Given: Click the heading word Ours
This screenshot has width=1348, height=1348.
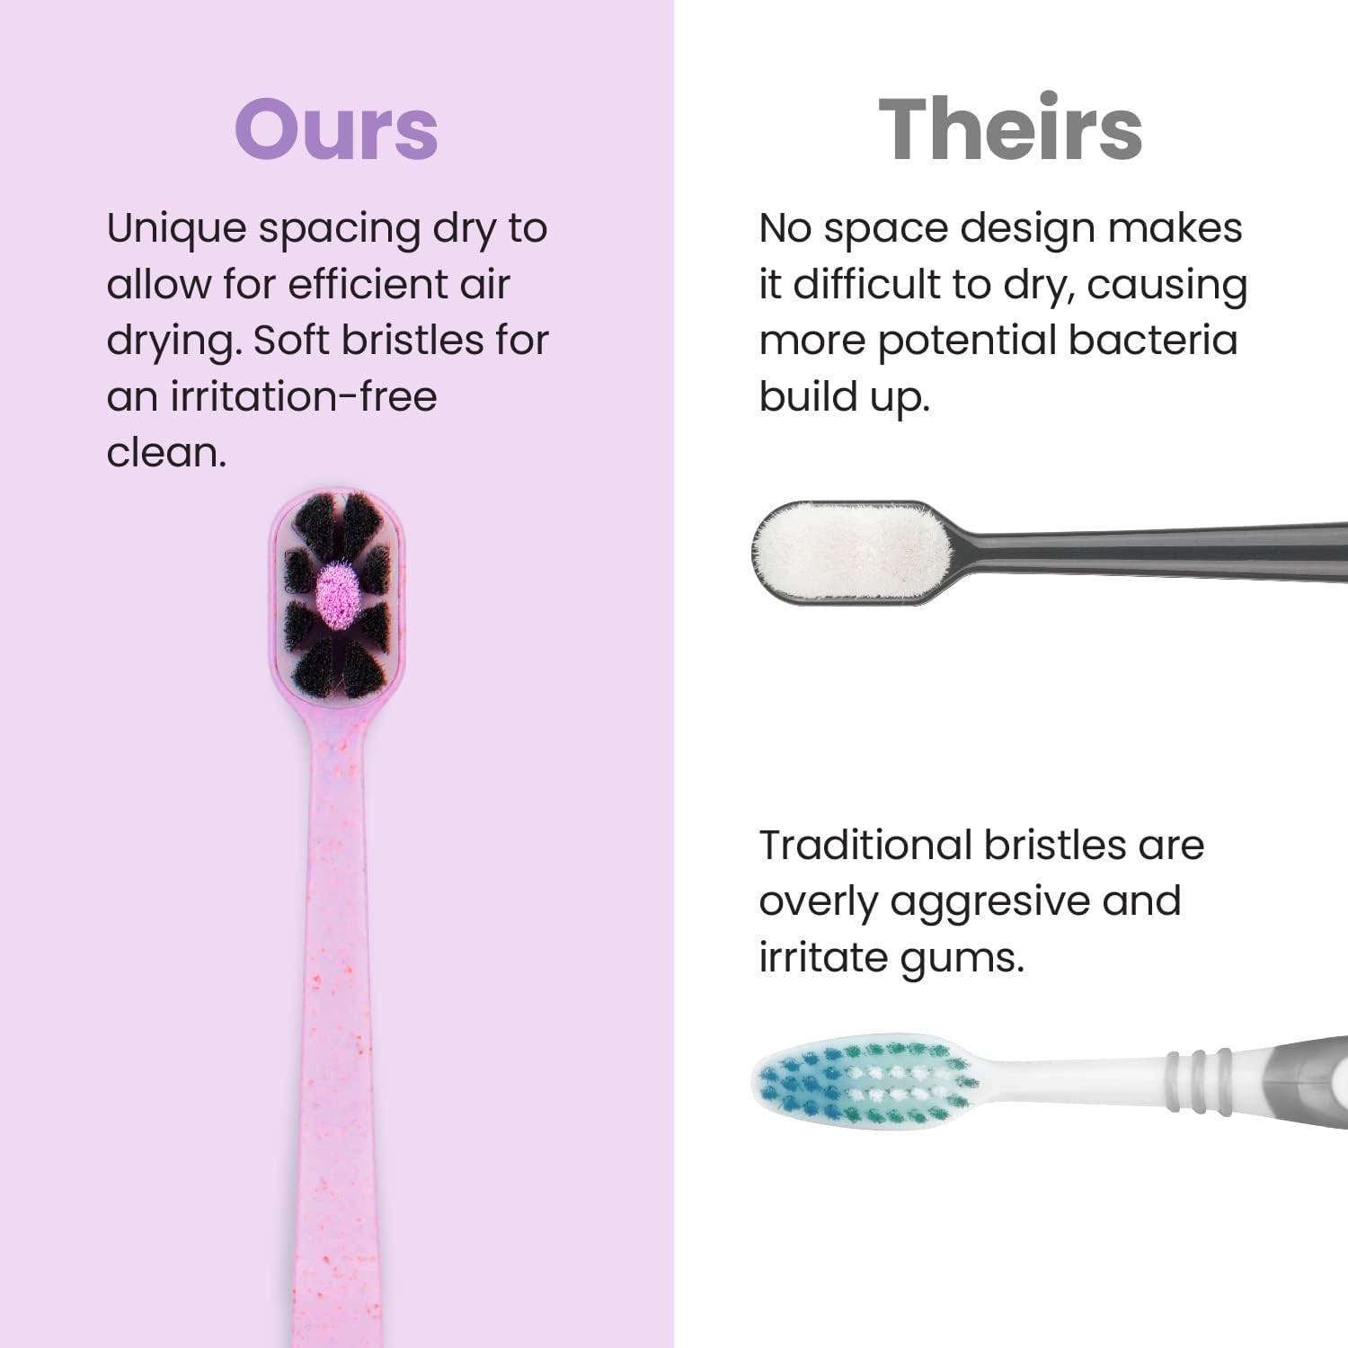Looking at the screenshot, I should [x=336, y=130].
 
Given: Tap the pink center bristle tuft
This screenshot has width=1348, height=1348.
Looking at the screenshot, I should [x=338, y=590].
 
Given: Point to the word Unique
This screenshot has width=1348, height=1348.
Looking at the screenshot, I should [x=176, y=229].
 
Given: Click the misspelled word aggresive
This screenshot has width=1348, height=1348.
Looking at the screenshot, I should [x=989, y=902].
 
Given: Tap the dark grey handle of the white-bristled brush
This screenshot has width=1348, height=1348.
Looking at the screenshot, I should [x=1168, y=548].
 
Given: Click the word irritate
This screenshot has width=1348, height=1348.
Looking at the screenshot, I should [x=822, y=957].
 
